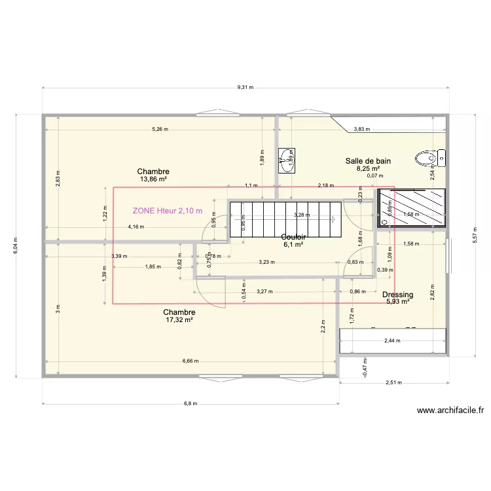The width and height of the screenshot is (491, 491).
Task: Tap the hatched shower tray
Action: [412, 208]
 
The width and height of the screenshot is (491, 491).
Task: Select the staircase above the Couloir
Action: [285, 219]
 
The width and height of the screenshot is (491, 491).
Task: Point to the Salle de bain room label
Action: [368, 160]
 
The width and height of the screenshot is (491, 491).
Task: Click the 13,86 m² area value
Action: [153, 179]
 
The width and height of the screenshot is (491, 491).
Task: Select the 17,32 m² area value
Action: [179, 320]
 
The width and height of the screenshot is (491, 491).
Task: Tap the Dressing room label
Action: [397, 295]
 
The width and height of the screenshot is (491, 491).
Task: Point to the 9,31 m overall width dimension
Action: [245, 87]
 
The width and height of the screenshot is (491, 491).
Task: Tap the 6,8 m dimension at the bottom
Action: [190, 403]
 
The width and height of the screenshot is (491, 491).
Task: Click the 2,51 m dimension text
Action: [393, 383]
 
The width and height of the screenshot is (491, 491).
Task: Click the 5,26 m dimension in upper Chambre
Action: [160, 129]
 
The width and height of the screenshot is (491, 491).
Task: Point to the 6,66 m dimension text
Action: [189, 361]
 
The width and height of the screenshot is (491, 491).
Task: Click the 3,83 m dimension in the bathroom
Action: [362, 129]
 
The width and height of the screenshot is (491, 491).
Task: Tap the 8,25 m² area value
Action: [368, 168]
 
